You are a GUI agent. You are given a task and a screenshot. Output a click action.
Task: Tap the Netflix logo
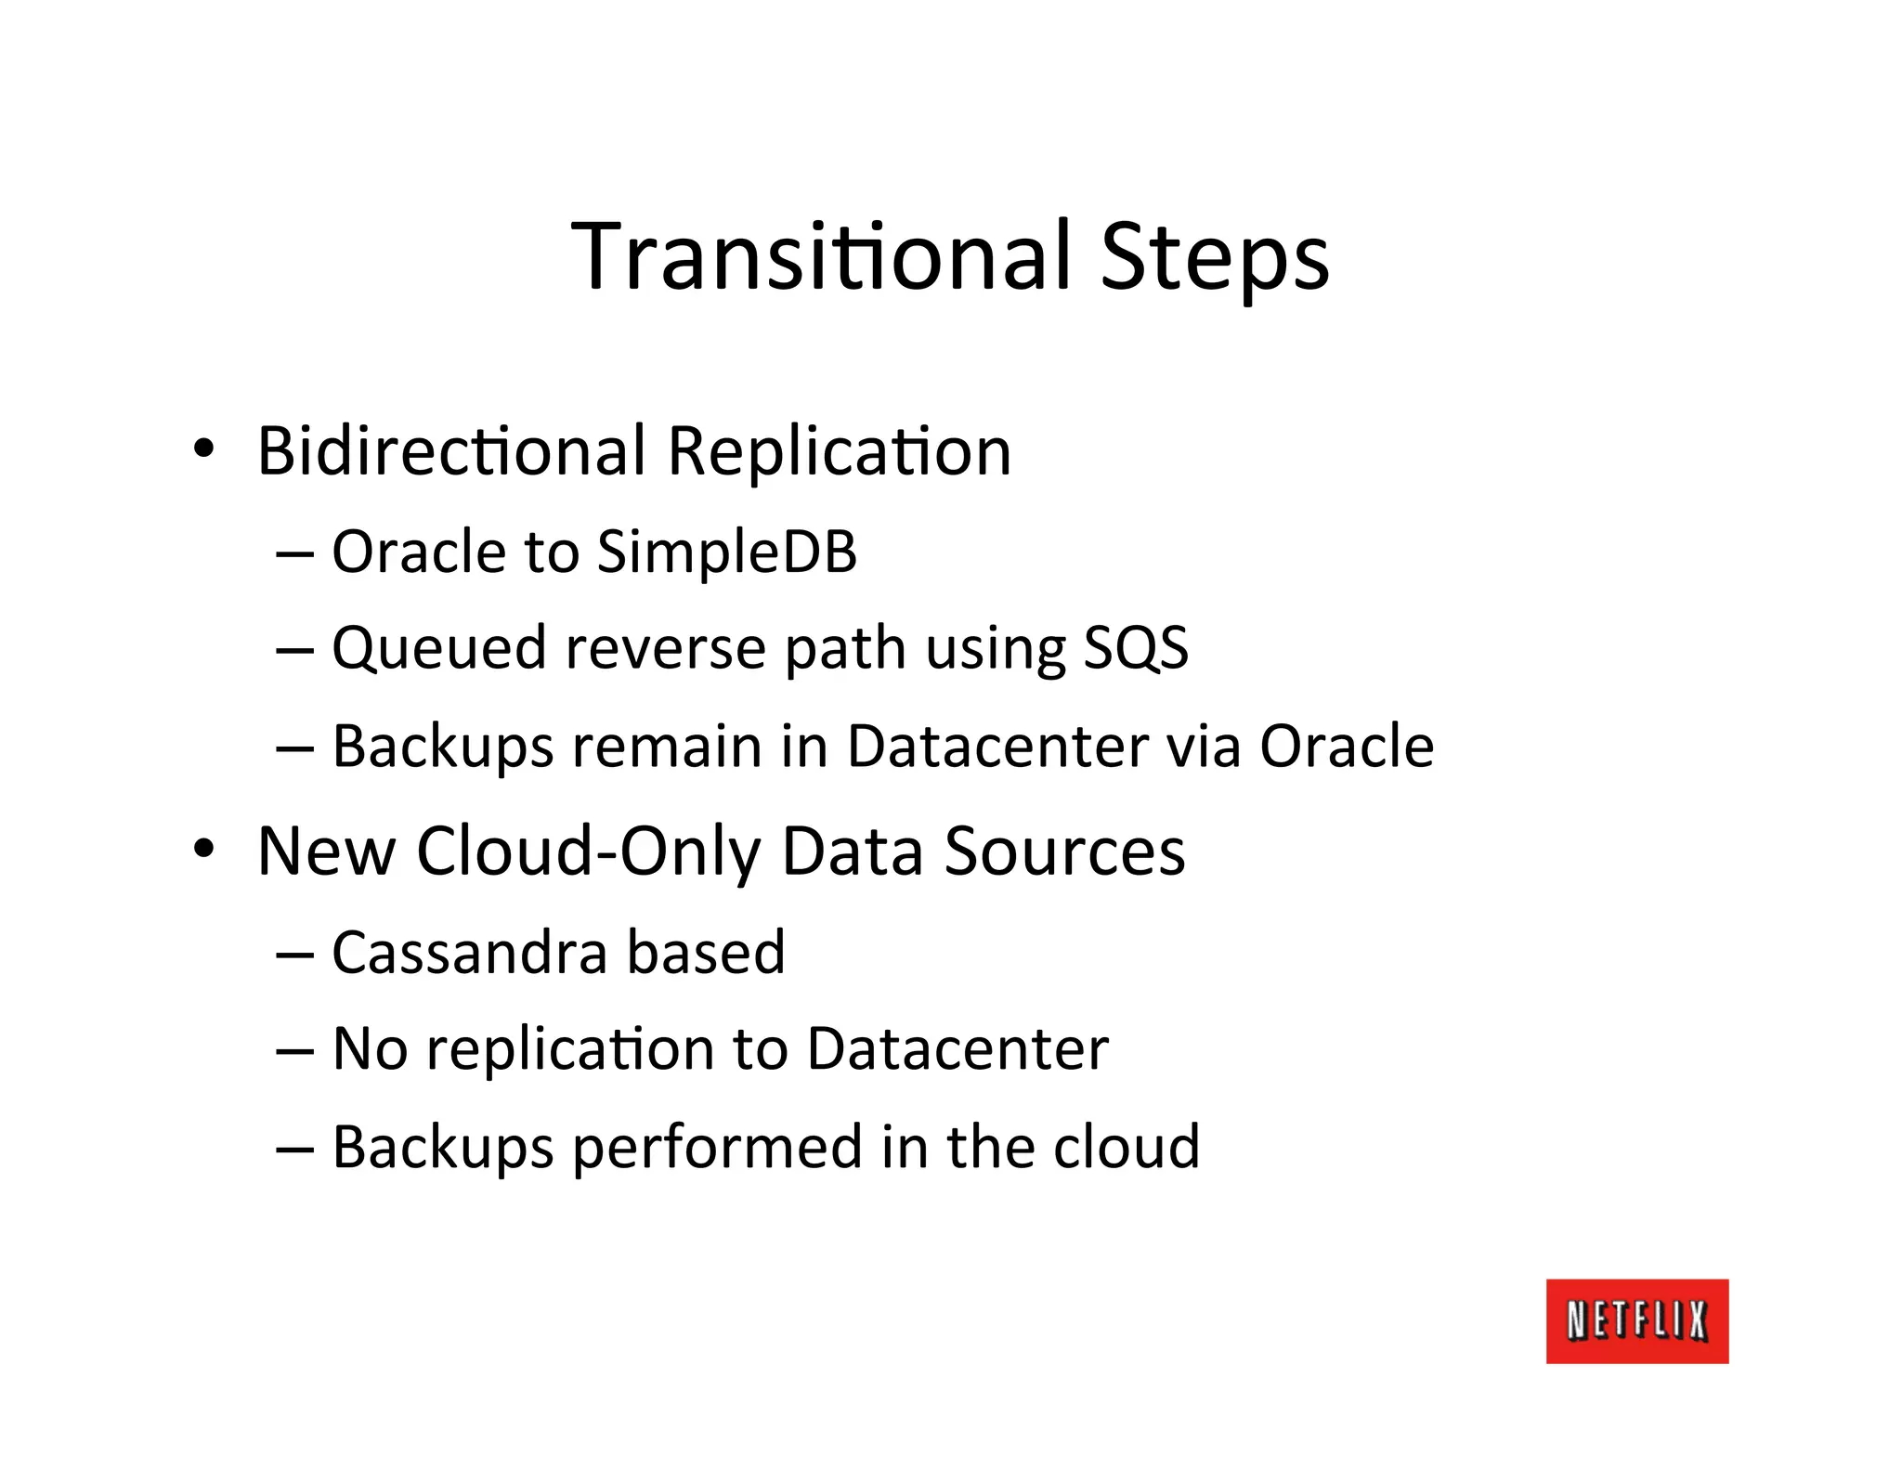tap(1636, 1320)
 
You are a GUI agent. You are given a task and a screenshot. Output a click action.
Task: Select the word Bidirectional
tap(451, 451)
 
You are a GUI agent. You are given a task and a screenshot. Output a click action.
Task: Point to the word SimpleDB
tap(726, 552)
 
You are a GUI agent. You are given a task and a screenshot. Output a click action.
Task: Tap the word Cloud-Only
tap(589, 851)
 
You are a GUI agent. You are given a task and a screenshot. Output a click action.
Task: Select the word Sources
tap(1064, 851)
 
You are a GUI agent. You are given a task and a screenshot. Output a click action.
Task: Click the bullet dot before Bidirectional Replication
tap(203, 449)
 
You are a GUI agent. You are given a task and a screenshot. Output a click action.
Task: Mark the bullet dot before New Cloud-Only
tap(203, 849)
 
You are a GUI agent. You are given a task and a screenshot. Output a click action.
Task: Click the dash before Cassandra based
tap(294, 955)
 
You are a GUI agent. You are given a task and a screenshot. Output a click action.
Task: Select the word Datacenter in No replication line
tap(958, 1049)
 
